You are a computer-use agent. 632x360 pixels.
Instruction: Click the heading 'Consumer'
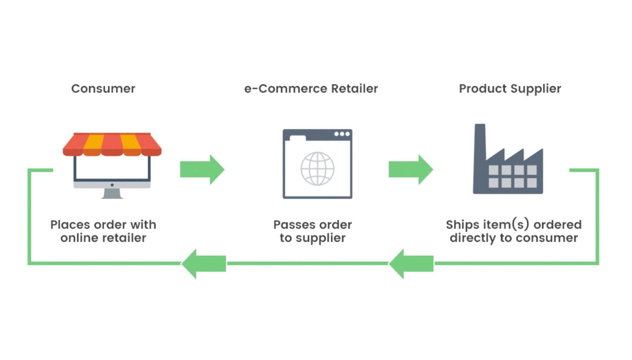tap(103, 89)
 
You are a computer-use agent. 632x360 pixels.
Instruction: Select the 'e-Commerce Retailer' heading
tap(311, 89)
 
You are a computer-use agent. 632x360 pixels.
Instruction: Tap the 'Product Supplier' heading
tap(510, 89)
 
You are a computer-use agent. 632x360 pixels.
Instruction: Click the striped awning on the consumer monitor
tap(112, 144)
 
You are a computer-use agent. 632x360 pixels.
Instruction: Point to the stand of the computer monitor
tap(112, 193)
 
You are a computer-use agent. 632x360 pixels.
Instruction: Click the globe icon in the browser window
tap(317, 169)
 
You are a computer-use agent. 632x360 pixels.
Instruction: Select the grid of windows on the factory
tap(512, 176)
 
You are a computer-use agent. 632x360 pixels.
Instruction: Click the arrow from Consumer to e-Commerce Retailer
tap(202, 169)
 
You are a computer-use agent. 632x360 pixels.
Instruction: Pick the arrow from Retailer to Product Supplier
tap(410, 169)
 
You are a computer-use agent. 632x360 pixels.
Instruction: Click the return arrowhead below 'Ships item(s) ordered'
tap(410, 264)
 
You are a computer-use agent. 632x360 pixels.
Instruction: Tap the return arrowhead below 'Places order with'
tap(203, 264)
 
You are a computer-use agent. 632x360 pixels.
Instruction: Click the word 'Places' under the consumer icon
tap(69, 225)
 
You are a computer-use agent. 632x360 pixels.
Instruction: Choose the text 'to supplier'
tap(312, 238)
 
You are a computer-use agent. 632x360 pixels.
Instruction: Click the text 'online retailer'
tap(103, 238)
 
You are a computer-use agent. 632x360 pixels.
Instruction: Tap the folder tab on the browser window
tap(297, 137)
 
